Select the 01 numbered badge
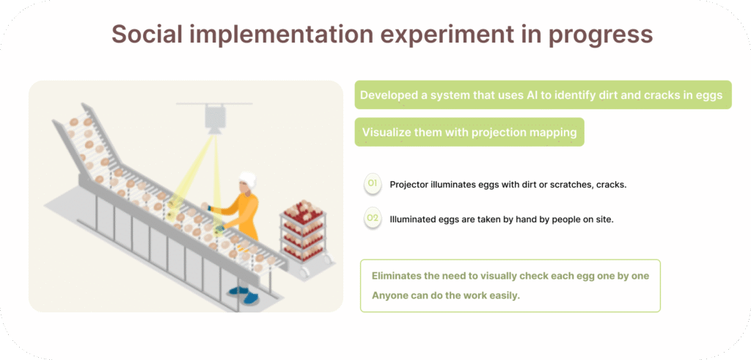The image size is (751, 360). [373, 184]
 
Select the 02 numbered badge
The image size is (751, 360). [373, 218]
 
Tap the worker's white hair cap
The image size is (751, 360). [248, 180]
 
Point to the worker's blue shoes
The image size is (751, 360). [245, 295]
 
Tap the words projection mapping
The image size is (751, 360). [524, 133]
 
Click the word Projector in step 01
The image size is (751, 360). [409, 185]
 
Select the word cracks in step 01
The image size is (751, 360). [611, 185]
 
